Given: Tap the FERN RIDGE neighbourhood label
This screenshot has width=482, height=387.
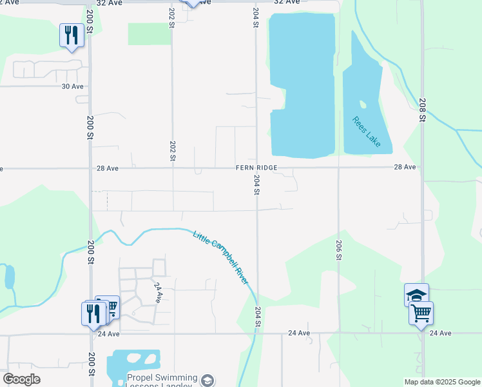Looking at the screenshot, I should (x=256, y=168).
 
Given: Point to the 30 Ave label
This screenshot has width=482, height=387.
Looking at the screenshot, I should (x=73, y=86).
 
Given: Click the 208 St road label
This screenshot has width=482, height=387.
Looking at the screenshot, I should (x=422, y=110).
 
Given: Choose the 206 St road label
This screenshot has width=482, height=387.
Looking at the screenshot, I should (x=338, y=249).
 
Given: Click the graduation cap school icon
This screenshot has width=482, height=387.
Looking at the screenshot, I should (x=416, y=295).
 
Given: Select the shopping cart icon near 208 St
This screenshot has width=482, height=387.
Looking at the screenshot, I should (x=421, y=313).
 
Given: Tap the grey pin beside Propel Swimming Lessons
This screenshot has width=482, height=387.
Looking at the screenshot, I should (x=207, y=381).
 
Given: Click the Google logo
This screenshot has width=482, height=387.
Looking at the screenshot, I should (x=21, y=379).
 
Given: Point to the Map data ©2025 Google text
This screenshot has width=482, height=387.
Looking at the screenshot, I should (x=442, y=382).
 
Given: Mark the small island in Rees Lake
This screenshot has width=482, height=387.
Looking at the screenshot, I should (x=363, y=104).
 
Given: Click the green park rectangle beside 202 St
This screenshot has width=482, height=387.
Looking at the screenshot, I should (x=149, y=34).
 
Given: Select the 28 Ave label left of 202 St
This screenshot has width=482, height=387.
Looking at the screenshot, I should (x=108, y=168).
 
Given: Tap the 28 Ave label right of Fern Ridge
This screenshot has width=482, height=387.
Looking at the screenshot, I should (x=405, y=167).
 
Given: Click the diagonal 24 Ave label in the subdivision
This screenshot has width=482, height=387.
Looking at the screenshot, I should (x=157, y=292).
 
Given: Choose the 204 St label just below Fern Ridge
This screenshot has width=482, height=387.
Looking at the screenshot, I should (x=256, y=184).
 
